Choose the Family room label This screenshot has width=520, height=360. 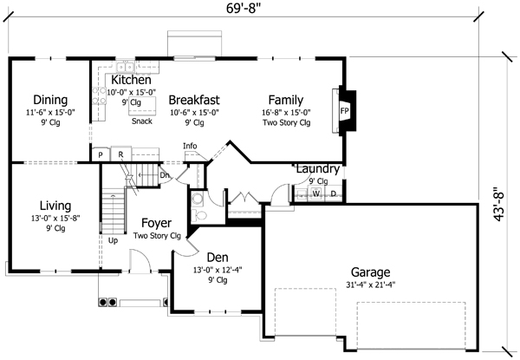[285, 99]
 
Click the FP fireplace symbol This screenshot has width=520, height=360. [344, 111]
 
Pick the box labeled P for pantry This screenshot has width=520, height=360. [101, 154]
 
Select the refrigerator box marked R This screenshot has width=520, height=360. [121, 154]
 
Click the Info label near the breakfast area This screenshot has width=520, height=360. [190, 146]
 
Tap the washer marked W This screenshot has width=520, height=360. [316, 193]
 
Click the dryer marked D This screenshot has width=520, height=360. [333, 193]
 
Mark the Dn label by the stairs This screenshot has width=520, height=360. [165, 174]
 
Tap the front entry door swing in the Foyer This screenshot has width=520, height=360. [139, 259]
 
